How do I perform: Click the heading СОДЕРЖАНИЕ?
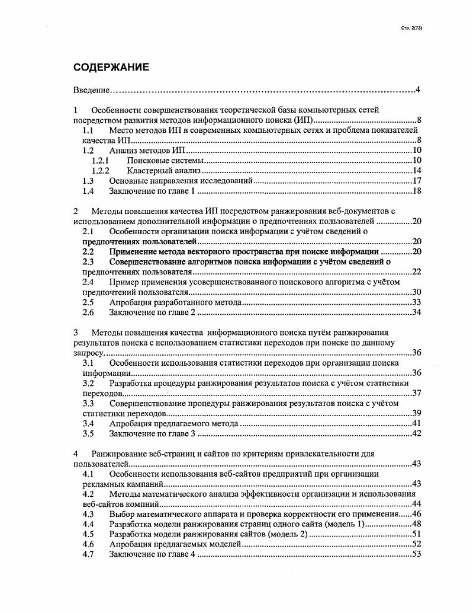pos(111,67)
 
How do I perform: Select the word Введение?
pos(92,90)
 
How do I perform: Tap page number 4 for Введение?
pos(417,90)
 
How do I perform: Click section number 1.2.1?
pos(101,160)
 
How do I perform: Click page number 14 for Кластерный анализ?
pos(416,170)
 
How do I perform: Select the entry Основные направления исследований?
pos(181,180)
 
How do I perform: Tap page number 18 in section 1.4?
pos(416,190)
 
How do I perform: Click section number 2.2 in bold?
pos(88,251)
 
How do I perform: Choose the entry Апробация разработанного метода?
pos(176,302)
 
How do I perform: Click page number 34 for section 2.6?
pos(416,312)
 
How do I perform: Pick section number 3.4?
pos(88,423)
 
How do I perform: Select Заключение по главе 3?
pos(152,433)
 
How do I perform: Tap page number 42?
pos(416,433)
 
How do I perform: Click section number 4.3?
pos(88,514)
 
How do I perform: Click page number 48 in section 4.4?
pos(416,524)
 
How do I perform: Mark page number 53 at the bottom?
pos(416,554)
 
